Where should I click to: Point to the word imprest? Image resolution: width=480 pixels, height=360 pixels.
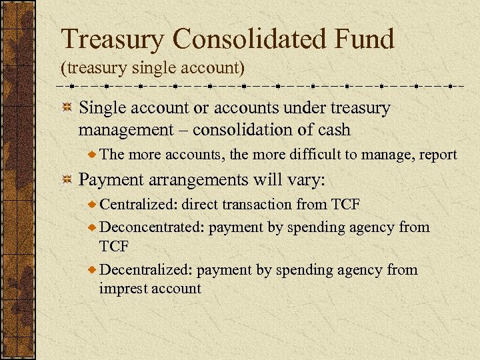pos(123,288)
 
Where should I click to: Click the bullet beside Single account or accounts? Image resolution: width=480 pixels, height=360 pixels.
pos(67,108)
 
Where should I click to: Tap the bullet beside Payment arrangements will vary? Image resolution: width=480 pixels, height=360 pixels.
pos(67,180)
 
